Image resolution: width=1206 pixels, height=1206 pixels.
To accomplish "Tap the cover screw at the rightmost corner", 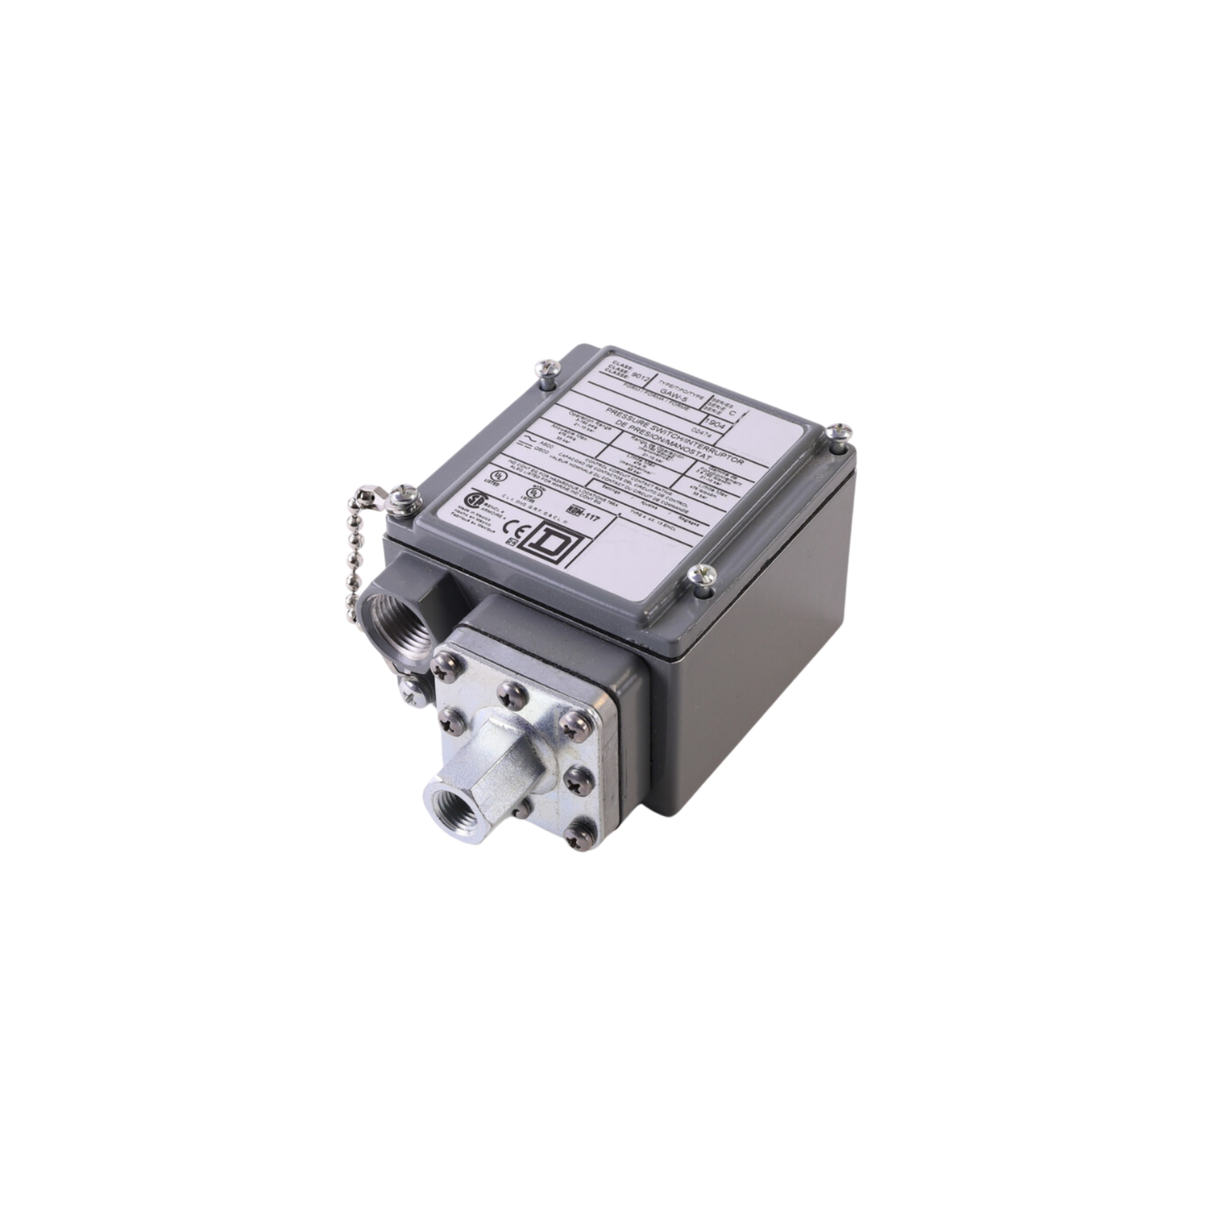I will [x=838, y=433].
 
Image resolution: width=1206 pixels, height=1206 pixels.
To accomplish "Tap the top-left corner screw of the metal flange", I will [x=441, y=664].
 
